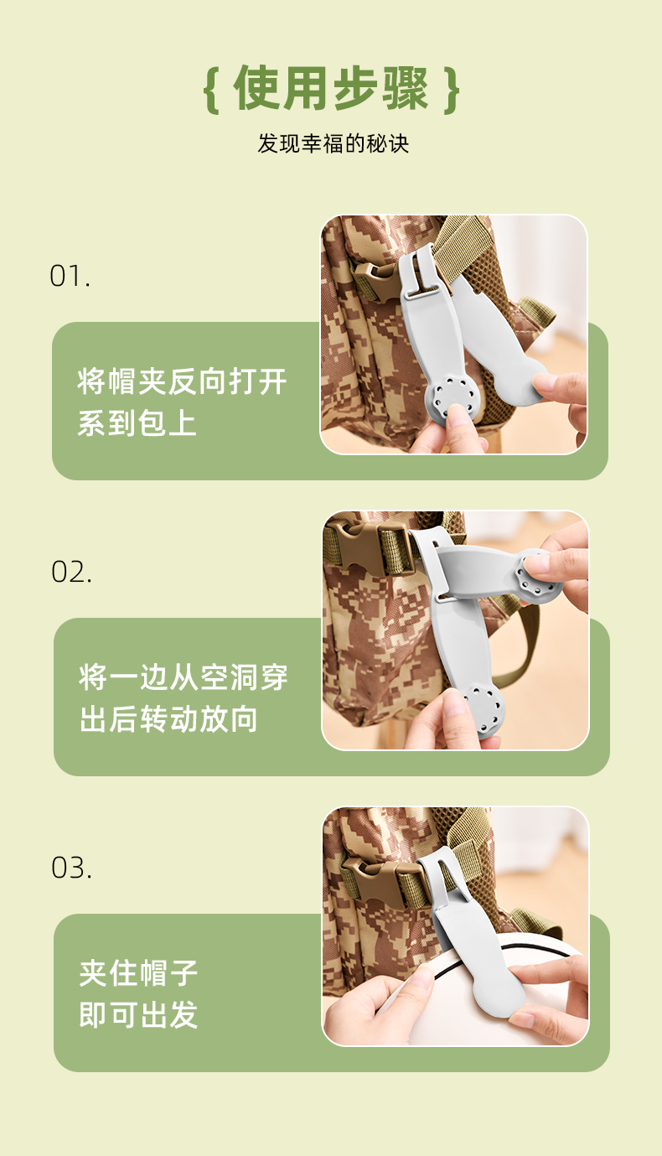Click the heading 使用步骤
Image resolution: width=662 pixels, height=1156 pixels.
point(331,88)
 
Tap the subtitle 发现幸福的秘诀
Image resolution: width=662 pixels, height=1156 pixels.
point(334,143)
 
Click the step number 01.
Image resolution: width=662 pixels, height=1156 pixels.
point(70,276)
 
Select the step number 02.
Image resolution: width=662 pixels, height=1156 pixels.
point(71,573)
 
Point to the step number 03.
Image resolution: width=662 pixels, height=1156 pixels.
point(71,868)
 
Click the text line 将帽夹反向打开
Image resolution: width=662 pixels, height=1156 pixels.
point(182,382)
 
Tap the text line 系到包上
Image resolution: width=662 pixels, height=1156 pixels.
point(137,423)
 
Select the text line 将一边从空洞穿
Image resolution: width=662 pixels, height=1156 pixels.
point(184,677)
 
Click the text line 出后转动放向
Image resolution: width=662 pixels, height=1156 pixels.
point(168,719)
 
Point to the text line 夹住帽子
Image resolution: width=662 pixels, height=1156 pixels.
point(138,973)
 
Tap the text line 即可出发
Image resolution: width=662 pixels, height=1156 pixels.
point(138,1014)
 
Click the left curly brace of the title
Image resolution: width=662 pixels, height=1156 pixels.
point(211,90)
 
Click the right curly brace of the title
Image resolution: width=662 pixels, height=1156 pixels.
point(452,90)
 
